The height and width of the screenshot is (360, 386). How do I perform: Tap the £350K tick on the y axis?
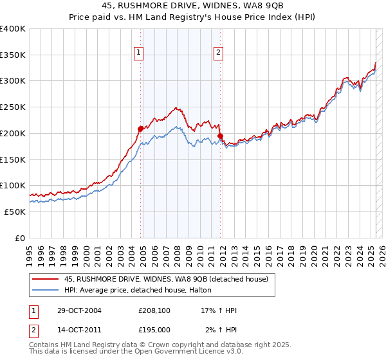[13, 55]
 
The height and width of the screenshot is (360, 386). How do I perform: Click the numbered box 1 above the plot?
[139, 53]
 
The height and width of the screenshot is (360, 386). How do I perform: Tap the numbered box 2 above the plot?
[219, 53]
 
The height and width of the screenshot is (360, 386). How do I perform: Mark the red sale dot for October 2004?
[140, 129]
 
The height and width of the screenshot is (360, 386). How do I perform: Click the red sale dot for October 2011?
[220, 136]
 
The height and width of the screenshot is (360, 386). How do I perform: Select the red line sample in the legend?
[45, 278]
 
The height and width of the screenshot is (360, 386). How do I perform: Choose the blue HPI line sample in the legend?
[45, 290]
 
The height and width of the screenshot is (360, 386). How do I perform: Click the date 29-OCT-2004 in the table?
[75, 310]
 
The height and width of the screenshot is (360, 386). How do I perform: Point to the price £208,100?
[154, 310]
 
